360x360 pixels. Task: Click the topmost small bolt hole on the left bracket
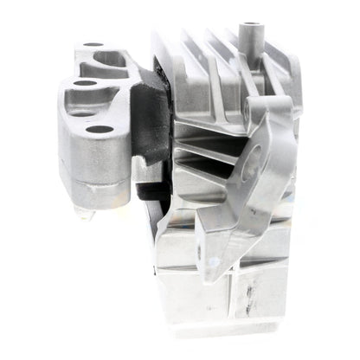pyautogui.click(x=93, y=44)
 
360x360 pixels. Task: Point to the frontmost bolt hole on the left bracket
pyautogui.click(x=100, y=130)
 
